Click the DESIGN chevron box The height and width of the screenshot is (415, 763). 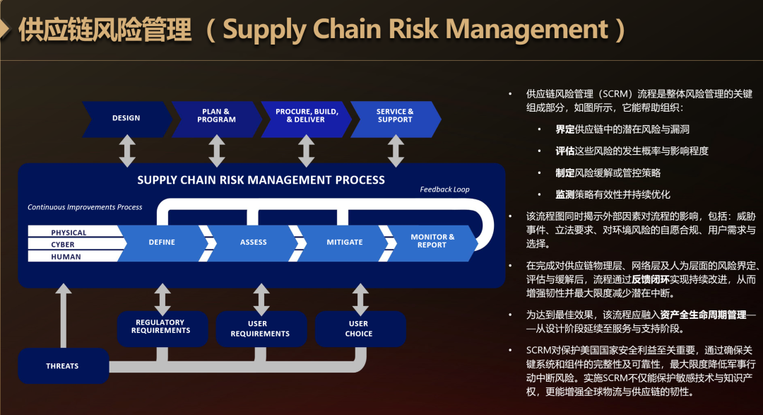pyautogui.click(x=126, y=119)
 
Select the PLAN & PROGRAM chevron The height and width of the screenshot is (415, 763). pyautogui.click(x=217, y=119)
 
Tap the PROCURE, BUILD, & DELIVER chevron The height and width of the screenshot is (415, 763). pyautogui.click(x=306, y=119)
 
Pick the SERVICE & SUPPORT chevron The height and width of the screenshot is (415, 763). pyautogui.click(x=396, y=119)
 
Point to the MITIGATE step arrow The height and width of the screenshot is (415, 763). pyautogui.click(x=345, y=242)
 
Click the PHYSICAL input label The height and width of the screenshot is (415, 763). pyautogui.click(x=69, y=233)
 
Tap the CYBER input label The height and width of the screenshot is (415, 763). pyautogui.click(x=63, y=245)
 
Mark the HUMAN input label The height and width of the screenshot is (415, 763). pyautogui.click(x=66, y=257)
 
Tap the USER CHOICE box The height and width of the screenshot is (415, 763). pyautogui.click(x=360, y=328)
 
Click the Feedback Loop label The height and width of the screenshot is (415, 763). pyautogui.click(x=445, y=189)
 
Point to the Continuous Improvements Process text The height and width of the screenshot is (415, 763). pyautogui.click(x=85, y=207)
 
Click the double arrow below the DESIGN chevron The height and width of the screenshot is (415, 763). pyautogui.click(x=127, y=151)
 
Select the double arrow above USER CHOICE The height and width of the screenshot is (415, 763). pyautogui.click(x=360, y=300)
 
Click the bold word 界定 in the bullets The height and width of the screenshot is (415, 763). pyautogui.click(x=565, y=129)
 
